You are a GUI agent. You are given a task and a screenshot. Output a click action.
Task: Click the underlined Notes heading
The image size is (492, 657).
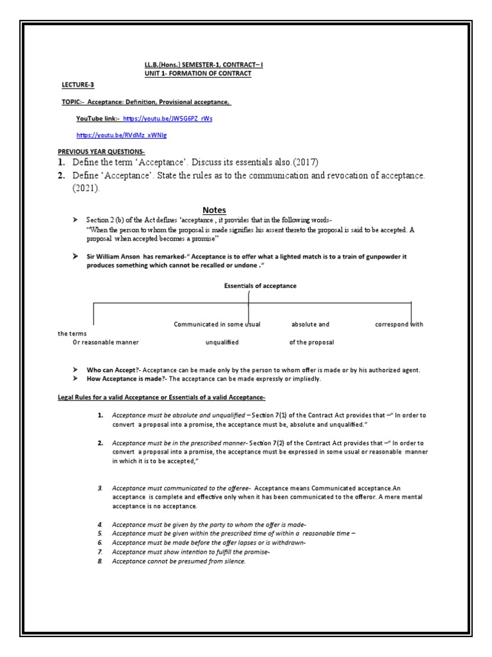(215, 209)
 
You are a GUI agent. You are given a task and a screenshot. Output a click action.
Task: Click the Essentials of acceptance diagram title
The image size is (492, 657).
(259, 286)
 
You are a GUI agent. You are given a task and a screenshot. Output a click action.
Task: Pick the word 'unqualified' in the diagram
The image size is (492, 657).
(222, 343)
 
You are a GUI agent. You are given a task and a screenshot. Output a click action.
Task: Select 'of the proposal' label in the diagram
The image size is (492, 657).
(311, 343)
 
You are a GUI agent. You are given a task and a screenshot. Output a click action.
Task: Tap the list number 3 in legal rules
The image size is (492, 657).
(101, 488)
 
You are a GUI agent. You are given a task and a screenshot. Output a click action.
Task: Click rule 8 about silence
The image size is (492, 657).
(179, 561)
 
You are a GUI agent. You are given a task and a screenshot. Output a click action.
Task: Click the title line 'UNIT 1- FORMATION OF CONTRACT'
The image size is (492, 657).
(198, 74)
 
